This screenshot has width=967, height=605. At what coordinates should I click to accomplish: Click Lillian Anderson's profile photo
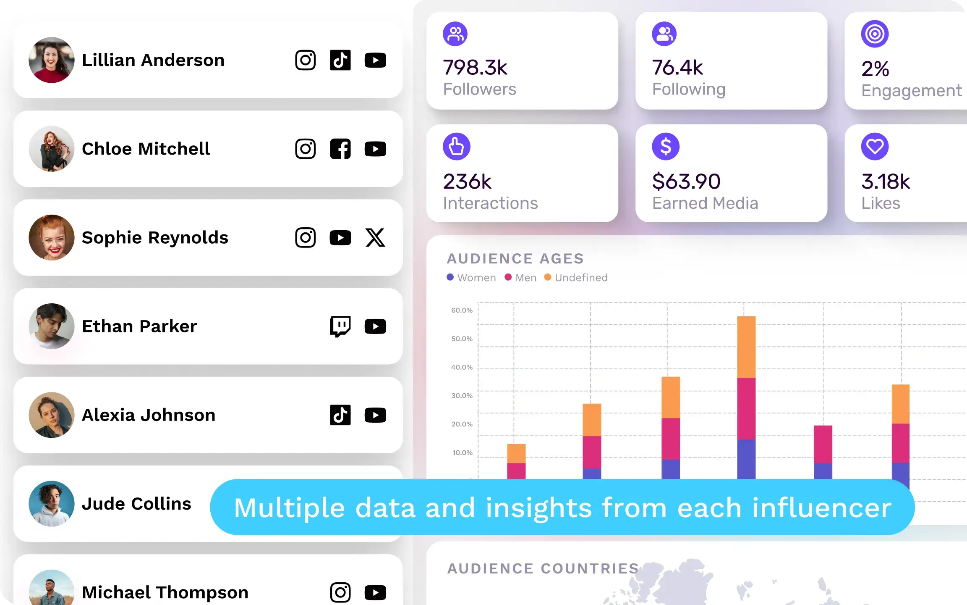pos(52,60)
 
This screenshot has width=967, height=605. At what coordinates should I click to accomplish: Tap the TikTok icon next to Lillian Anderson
pos(340,60)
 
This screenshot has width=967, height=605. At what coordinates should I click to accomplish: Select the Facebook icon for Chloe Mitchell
pos(340,149)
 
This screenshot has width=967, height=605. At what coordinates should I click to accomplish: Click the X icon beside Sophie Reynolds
pos(375,238)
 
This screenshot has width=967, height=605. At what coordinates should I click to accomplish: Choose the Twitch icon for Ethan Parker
pos(340,326)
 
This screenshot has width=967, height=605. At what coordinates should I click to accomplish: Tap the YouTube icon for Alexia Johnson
pos(375,415)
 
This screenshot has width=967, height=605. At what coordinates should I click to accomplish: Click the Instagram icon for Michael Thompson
pos(340,592)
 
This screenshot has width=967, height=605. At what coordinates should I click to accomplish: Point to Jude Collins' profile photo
pos(52,504)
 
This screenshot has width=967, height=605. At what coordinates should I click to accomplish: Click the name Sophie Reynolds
pos(155,238)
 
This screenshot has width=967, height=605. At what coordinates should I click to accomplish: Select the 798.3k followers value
pos(475,68)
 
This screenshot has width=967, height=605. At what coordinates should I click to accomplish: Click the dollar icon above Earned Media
pos(666,147)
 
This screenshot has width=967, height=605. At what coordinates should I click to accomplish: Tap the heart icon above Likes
pos(875,147)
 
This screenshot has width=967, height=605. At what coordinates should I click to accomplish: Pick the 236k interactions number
pos(467,181)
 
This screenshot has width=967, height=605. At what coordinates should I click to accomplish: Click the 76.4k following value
pos(677,68)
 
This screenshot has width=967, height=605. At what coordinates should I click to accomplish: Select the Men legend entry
pos(521,278)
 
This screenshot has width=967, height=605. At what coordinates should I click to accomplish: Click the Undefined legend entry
pos(576,278)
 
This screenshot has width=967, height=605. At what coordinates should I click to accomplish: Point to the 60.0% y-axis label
pos(462,310)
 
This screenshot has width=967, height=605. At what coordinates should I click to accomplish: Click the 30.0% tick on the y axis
pos(462,396)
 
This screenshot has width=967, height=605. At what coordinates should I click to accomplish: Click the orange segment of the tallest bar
pos(746,347)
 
